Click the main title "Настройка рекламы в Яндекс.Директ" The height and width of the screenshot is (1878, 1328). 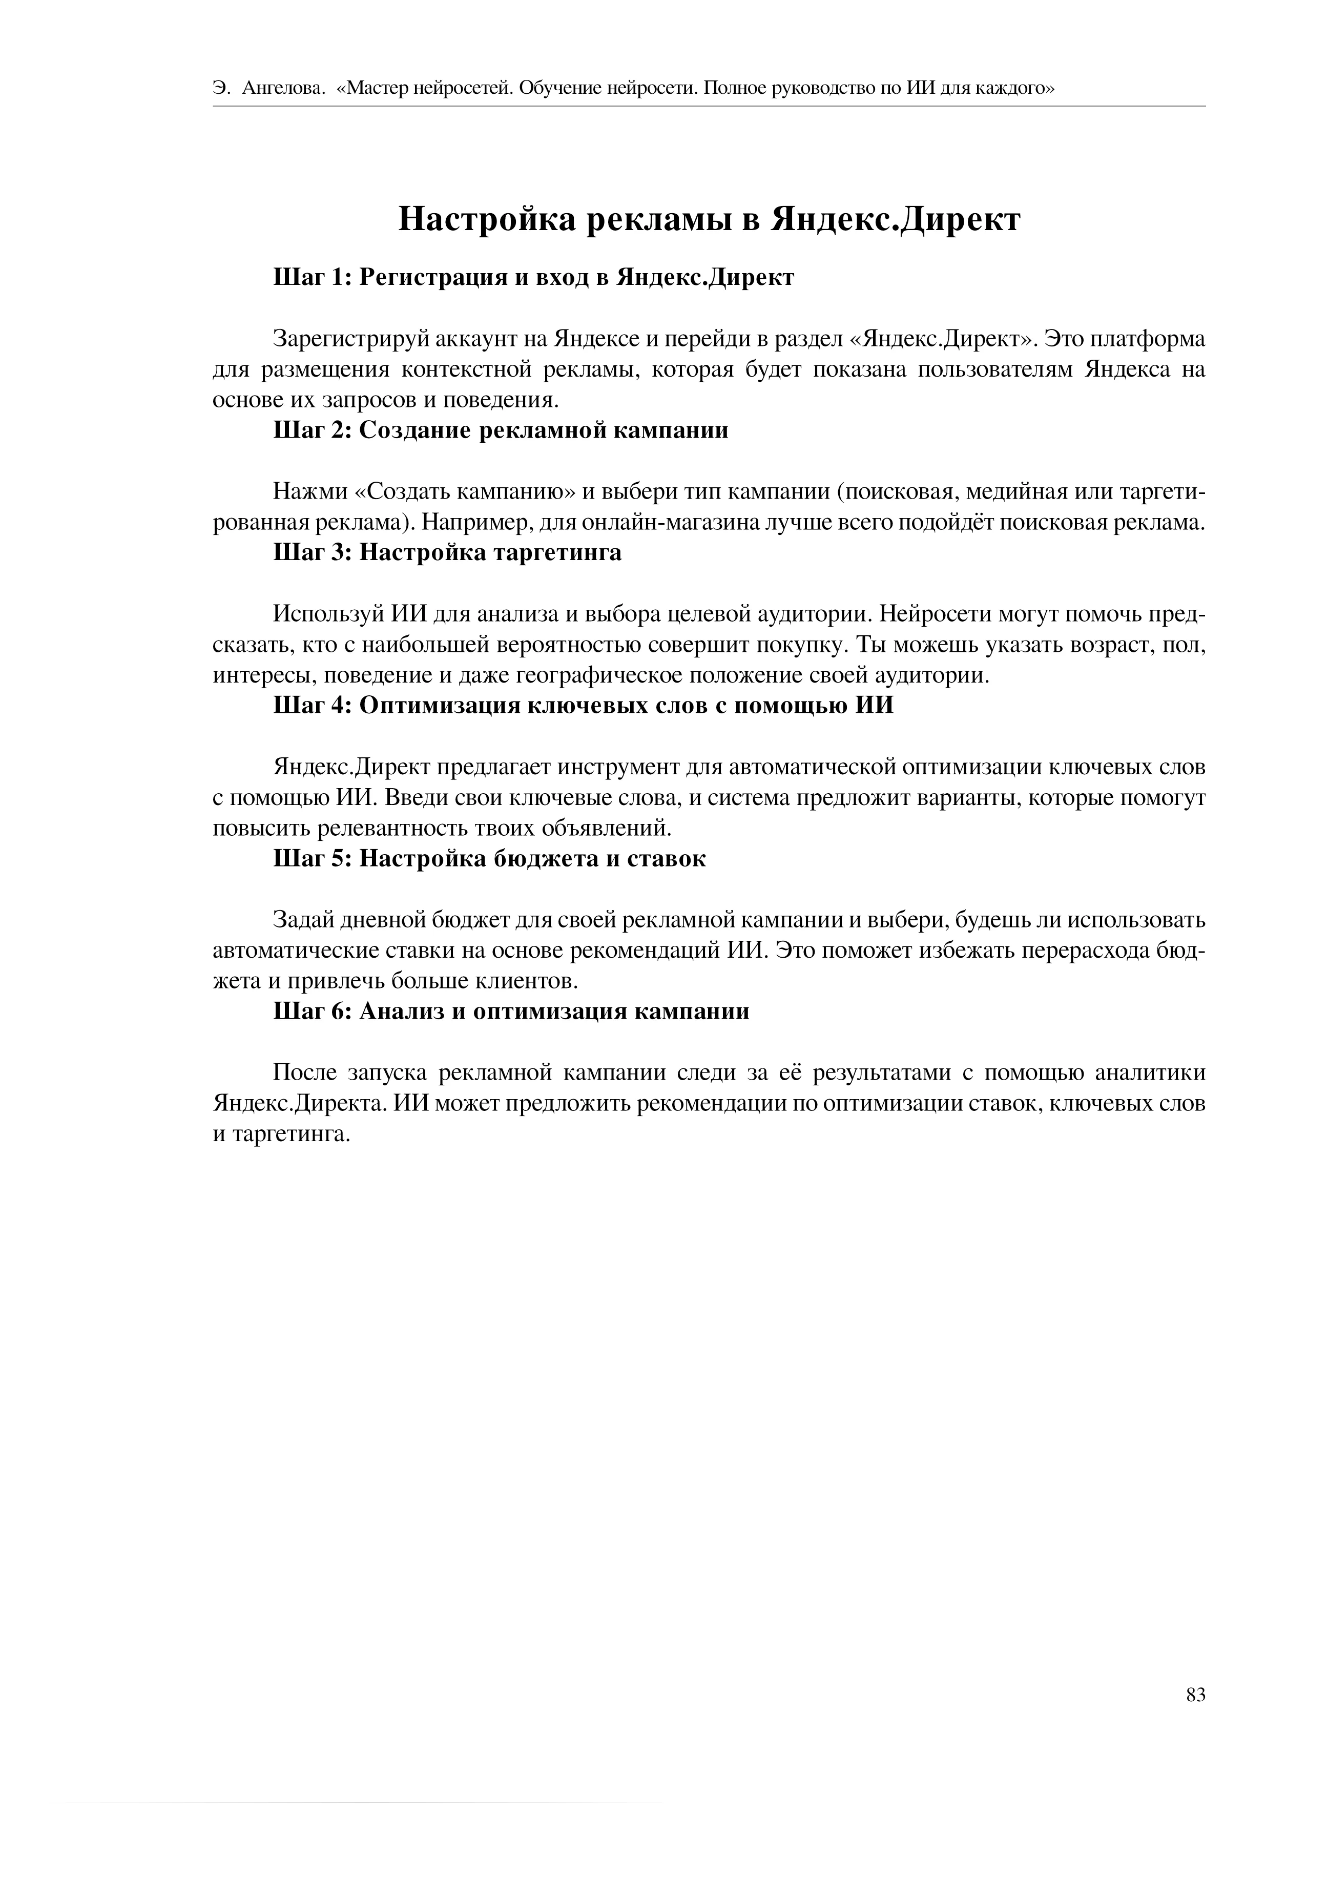coord(709,219)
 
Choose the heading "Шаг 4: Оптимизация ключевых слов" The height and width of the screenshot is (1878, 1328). coord(583,705)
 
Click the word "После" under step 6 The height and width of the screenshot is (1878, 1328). coord(303,1073)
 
